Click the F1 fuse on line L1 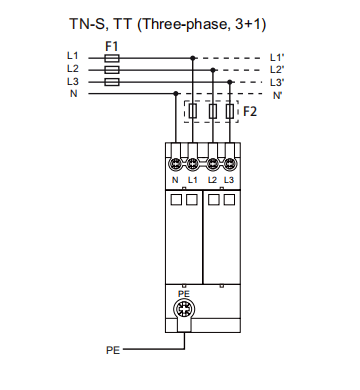[112, 58]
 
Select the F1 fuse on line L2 [112, 70]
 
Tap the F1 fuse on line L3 [112, 82]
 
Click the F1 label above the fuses [112, 46]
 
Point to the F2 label [250, 111]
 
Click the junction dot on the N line [176, 94]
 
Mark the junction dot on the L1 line [193, 58]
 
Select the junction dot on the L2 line [213, 70]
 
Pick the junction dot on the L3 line [230, 82]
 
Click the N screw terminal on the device [175, 164]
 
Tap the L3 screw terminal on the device [229, 164]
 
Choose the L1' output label [277, 58]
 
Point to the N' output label [277, 96]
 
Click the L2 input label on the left [73, 68]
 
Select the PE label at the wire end [113, 350]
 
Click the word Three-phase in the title [183, 25]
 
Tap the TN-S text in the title [89, 24]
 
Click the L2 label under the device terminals [212, 180]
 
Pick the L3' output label [277, 82]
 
